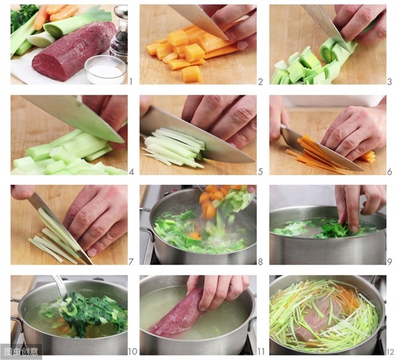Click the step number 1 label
131,82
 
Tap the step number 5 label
261,172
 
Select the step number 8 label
261,262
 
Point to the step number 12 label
390,351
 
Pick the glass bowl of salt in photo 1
105,69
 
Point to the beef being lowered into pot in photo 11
178,314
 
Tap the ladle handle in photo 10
58,286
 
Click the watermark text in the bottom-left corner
21,351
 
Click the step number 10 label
132,351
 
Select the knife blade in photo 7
61,228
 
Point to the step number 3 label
390,82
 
